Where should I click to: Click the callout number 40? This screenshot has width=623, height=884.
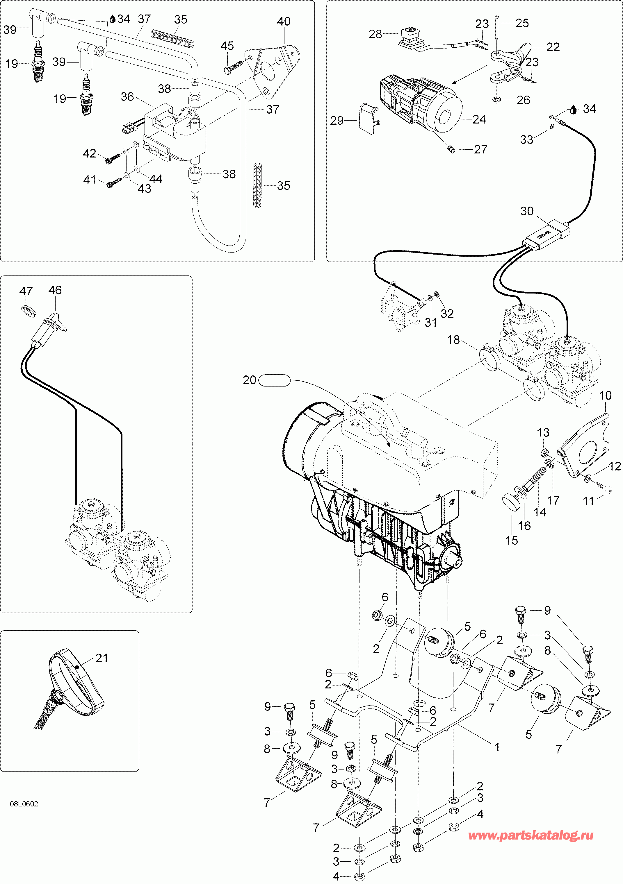[x=284, y=22]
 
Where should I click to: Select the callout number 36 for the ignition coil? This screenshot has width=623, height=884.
[x=127, y=97]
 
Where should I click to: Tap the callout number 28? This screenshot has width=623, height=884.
[x=375, y=34]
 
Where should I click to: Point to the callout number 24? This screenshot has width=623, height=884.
[x=479, y=120]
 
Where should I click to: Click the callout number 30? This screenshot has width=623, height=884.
[x=527, y=211]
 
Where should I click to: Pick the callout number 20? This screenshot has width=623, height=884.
[x=250, y=380]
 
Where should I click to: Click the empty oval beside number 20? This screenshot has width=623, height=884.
[x=274, y=380]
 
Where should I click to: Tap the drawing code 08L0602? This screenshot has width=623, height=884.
[x=24, y=804]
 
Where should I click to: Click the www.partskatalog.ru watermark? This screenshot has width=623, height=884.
[x=531, y=835]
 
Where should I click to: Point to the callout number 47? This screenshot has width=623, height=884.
[x=26, y=291]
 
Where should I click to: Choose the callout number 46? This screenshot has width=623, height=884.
[x=55, y=290]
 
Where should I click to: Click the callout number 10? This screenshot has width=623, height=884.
[x=605, y=396]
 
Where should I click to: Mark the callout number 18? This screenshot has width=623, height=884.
[x=453, y=340]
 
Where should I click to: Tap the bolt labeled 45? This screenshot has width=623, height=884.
[x=233, y=68]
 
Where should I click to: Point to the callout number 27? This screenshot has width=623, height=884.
[x=480, y=149]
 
